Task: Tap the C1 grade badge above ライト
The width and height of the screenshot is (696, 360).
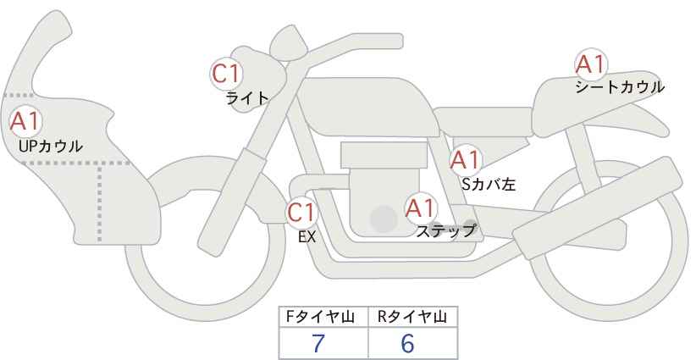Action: (226, 74)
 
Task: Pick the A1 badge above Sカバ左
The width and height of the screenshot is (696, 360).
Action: (465, 160)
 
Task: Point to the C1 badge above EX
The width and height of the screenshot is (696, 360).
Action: (301, 212)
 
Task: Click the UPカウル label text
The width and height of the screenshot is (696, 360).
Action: (50, 147)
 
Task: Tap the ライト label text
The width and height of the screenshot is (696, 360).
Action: (247, 98)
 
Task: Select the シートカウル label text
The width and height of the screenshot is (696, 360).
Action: (619, 86)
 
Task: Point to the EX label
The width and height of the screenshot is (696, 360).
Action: (307, 237)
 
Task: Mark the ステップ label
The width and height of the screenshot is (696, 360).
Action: (446, 230)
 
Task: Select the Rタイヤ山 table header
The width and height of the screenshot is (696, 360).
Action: (412, 317)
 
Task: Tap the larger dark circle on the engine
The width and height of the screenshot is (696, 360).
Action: (384, 219)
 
